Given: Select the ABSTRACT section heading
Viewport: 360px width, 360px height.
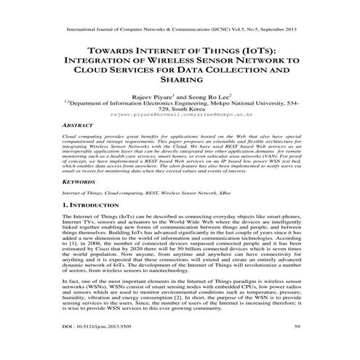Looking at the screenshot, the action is click(80, 125).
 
